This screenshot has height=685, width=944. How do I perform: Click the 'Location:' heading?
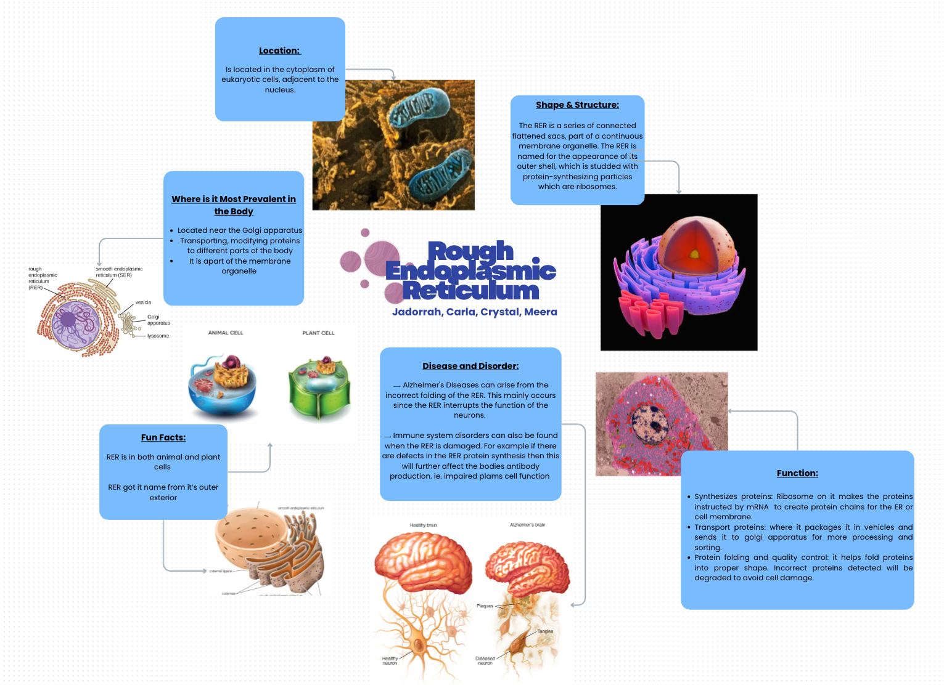point(279,51)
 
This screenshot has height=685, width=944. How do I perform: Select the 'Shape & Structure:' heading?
point(577,105)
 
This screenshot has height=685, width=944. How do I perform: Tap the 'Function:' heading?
point(797,473)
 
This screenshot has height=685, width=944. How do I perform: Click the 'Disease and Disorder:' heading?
point(470,366)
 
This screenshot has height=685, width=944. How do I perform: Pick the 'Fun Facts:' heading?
point(163,437)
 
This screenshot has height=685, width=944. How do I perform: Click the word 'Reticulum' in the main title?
point(470,291)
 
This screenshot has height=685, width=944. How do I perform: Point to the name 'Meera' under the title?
point(541,312)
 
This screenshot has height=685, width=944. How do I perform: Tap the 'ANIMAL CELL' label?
point(226,333)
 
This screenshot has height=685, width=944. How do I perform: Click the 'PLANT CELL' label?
point(318,333)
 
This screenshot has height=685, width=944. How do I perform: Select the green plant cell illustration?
point(319,388)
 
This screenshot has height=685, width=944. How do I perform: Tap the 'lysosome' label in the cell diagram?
point(158,336)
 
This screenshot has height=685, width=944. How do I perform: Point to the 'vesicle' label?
point(143,302)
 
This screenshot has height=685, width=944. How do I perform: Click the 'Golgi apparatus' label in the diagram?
point(158,320)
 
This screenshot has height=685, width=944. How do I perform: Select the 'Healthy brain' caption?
point(423,525)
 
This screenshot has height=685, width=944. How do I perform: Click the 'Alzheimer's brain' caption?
point(527,525)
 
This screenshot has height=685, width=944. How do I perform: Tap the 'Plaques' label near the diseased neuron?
point(485,606)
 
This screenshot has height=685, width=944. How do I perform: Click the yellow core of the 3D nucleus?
point(694,253)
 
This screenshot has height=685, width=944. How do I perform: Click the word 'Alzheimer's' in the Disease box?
point(424,385)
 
